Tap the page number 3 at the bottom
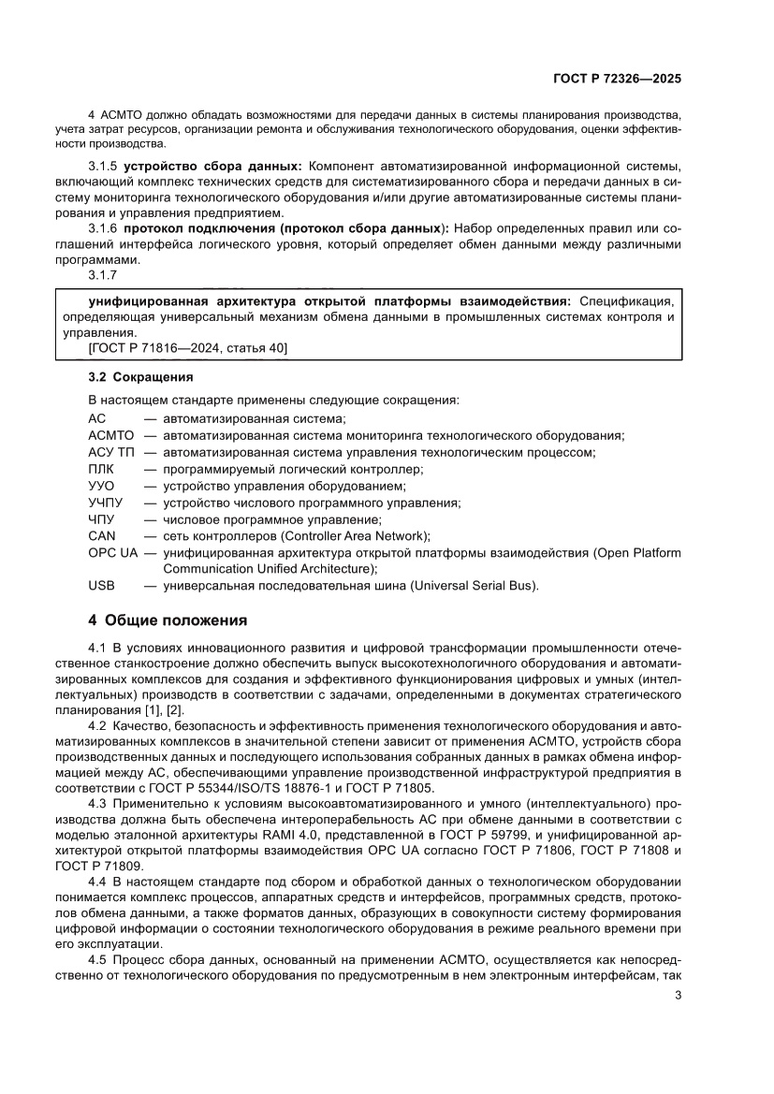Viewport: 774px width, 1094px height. point(678,995)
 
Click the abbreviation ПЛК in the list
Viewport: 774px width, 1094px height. point(101,469)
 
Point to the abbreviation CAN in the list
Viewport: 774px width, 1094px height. point(101,536)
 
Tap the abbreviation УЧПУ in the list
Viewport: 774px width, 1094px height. point(106,503)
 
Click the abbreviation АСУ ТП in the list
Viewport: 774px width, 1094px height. point(110,452)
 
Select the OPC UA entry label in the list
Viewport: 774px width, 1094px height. point(112,553)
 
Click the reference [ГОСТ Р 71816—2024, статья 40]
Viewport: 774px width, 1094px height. point(187,348)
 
